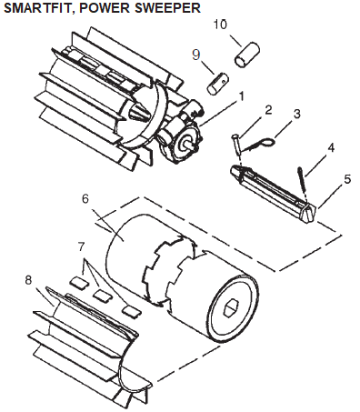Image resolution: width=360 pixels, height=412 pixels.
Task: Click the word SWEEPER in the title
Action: pyautogui.click(x=167, y=7)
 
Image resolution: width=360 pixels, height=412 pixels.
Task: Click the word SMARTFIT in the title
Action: pyautogui.click(x=38, y=8)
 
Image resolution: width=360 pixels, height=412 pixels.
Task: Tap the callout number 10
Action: pyautogui.click(x=220, y=25)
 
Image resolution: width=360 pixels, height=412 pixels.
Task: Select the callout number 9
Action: pyautogui.click(x=196, y=55)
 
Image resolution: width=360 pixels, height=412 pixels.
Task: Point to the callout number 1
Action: pyautogui.click(x=241, y=96)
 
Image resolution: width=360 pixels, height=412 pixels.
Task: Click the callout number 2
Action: pyautogui.click(x=268, y=110)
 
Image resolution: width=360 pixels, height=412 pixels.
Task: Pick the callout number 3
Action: pyautogui.click(x=297, y=114)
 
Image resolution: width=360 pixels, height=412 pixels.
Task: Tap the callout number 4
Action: pyautogui.click(x=331, y=147)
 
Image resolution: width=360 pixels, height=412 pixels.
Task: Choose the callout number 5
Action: pyautogui.click(x=347, y=179)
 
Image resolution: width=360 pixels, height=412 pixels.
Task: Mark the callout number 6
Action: pyautogui.click(x=85, y=199)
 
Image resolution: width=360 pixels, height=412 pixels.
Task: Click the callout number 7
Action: pyautogui.click(x=81, y=247)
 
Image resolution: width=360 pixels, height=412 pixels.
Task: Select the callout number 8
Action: pyautogui.click(x=28, y=280)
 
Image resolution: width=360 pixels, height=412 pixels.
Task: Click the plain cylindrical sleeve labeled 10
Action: pyautogui.click(x=247, y=55)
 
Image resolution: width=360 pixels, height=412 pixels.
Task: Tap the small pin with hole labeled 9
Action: pyautogui.click(x=218, y=83)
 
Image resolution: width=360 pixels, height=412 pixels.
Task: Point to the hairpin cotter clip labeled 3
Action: pyautogui.click(x=259, y=144)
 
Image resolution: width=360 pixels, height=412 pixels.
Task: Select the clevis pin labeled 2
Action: pyautogui.click(x=236, y=145)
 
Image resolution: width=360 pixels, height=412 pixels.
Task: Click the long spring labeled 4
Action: pyautogui.click(x=303, y=183)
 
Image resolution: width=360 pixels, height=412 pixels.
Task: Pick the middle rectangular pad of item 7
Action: pyautogui.click(x=102, y=295)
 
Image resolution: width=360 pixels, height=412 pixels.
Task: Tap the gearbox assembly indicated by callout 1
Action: pyautogui.click(x=181, y=134)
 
